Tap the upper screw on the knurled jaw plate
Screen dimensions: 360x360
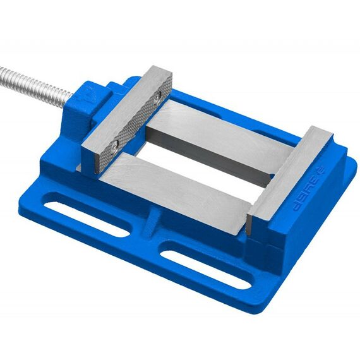tap(157, 98)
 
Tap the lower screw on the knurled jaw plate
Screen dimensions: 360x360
tap(116, 145)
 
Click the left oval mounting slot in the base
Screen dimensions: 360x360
tap(86, 219)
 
